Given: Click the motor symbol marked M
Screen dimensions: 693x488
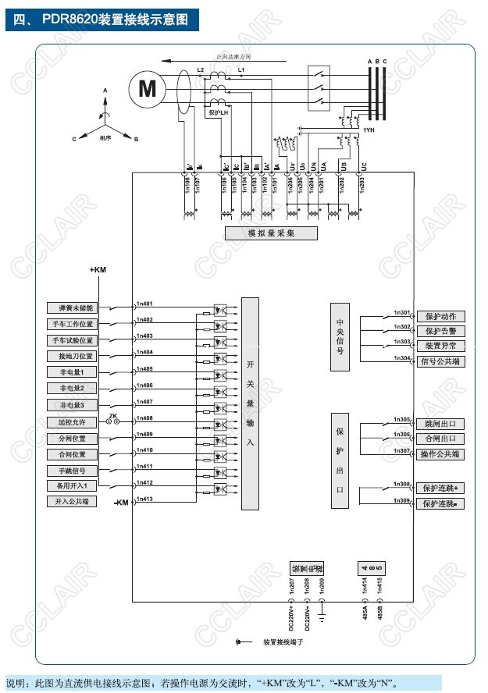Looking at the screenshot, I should tap(147, 87).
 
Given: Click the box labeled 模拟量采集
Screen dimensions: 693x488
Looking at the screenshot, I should tap(271, 233).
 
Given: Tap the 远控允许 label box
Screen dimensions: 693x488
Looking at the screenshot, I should tap(73, 421).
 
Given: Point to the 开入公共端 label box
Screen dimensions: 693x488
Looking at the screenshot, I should tap(73, 502).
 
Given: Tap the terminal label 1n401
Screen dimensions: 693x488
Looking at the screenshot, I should tap(144, 304).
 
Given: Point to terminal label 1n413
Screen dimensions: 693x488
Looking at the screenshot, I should tap(144, 498).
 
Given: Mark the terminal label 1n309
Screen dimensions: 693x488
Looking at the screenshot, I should tap(402, 499).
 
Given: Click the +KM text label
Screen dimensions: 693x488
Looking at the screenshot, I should tap(98, 269).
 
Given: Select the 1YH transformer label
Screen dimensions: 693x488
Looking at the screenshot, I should tap(368, 130).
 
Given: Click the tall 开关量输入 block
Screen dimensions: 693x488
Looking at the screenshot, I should tap(250, 403).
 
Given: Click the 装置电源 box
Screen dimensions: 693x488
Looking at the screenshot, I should tap(305, 567).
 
